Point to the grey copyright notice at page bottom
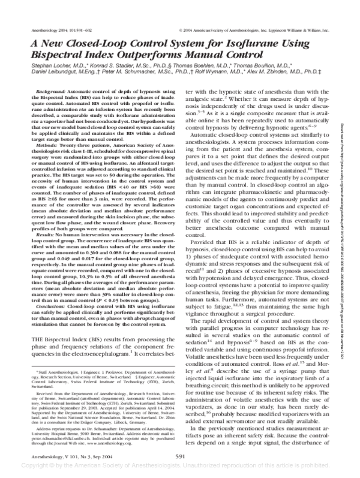[x=180, y=465]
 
